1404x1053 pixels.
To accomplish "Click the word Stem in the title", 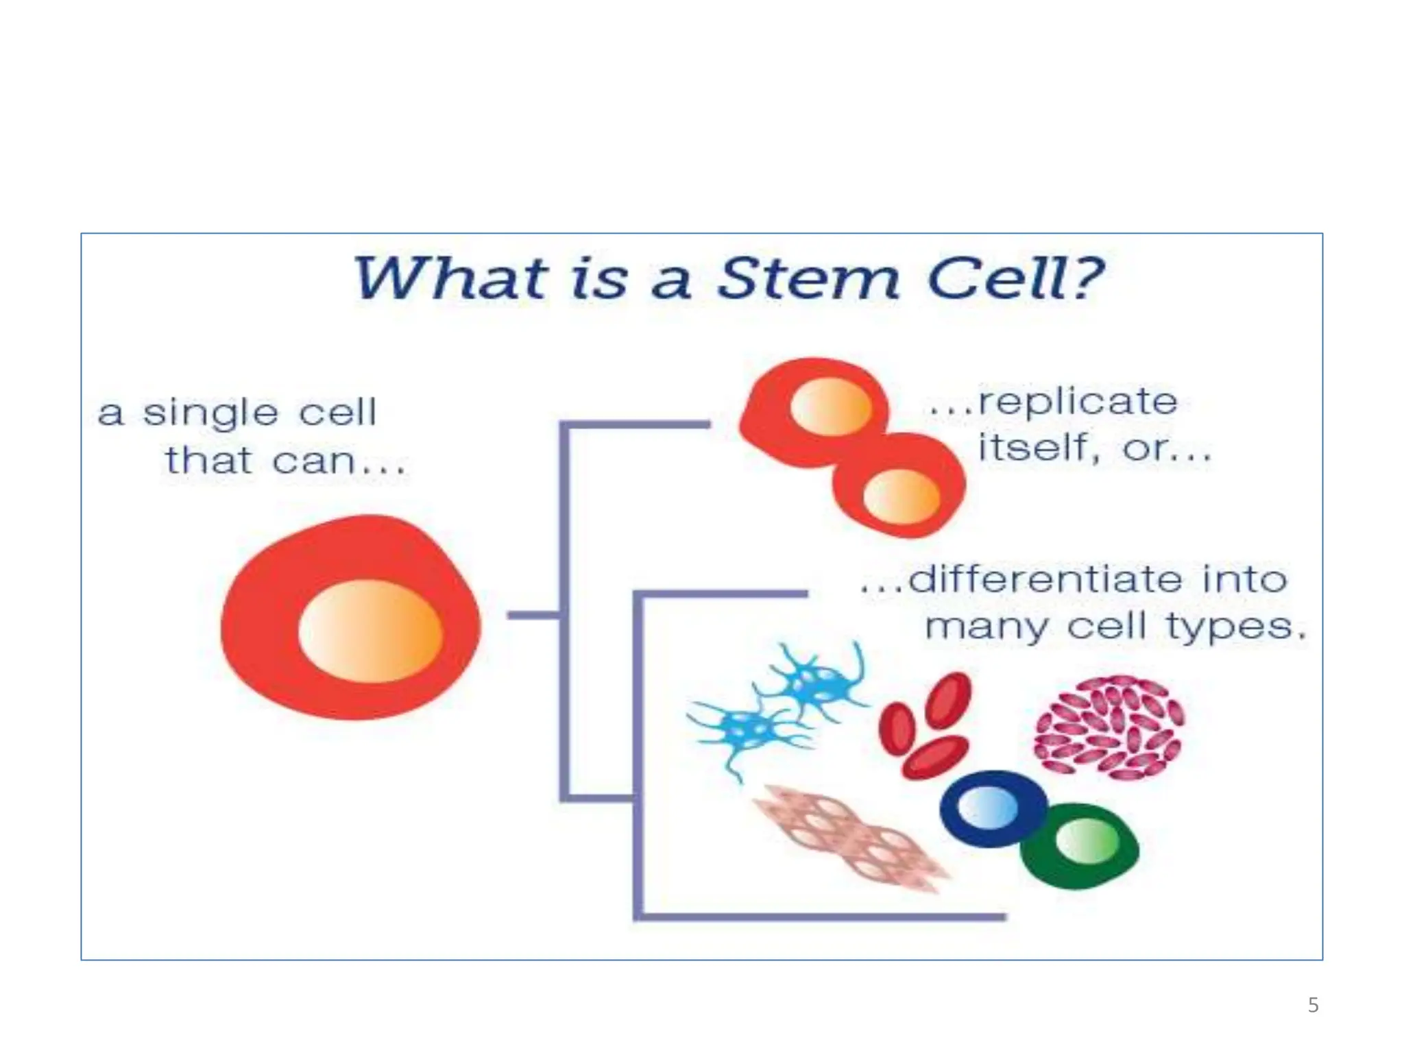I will (807, 279).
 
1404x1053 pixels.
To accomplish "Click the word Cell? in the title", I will (1014, 279).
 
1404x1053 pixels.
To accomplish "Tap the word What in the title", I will (450, 279).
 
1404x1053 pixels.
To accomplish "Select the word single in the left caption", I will (210, 413).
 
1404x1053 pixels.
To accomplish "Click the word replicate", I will (1077, 401).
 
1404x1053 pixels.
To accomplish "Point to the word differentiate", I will (1045, 579).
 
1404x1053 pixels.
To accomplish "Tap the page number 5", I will (1313, 1005).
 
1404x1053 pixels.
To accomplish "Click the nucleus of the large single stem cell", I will (370, 631).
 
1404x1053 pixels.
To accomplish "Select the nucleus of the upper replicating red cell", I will (830, 407).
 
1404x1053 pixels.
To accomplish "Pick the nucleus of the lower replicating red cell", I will (901, 496).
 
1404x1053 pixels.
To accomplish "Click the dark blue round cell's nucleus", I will (987, 808).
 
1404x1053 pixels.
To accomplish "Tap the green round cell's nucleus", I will (1087, 841).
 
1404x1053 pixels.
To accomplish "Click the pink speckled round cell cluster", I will (1109, 727).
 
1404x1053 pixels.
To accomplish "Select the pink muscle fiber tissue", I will (850, 838).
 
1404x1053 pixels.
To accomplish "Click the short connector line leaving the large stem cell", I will (533, 616).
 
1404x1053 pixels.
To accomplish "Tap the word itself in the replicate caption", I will (1032, 449).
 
